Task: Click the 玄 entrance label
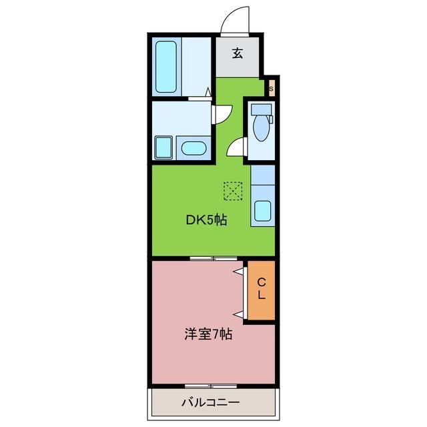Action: (x=238, y=53)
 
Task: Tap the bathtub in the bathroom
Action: (x=166, y=67)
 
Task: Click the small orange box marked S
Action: (x=272, y=87)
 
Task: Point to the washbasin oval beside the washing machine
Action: (x=194, y=148)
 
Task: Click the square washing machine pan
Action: (x=163, y=147)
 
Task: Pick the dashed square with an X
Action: (x=234, y=191)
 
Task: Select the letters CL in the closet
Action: (x=262, y=289)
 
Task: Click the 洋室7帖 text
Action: (x=208, y=334)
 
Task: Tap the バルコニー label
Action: (x=210, y=402)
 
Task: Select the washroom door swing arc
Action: (x=222, y=113)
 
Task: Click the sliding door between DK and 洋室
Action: (x=213, y=258)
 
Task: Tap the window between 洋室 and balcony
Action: (x=208, y=386)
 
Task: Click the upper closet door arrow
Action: (x=238, y=272)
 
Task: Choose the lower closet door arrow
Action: (x=238, y=312)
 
